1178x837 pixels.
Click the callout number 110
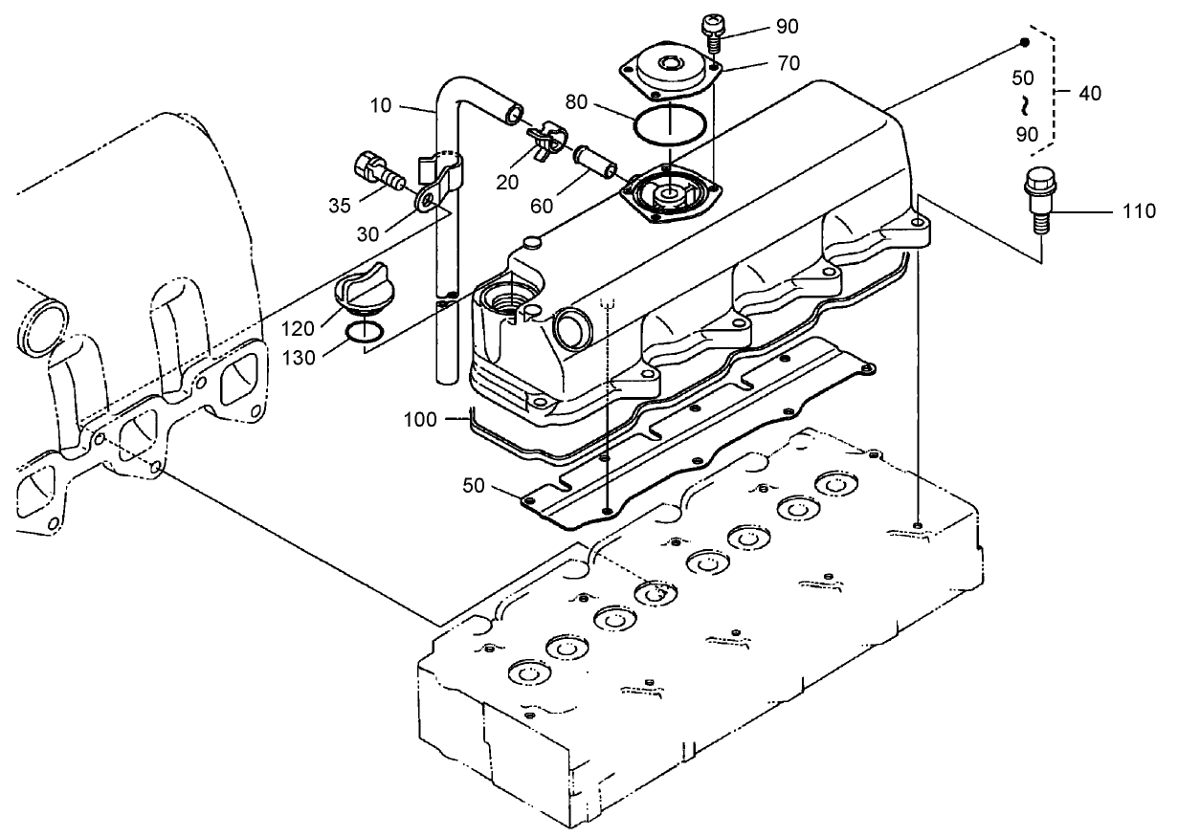1139,211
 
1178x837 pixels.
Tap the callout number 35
339,206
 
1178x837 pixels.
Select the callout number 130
299,358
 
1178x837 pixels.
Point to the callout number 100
420,420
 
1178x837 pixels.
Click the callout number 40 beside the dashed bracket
1090,93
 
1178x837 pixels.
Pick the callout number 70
789,63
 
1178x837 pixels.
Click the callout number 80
576,102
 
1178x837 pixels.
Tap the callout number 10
380,105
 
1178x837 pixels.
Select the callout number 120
298,329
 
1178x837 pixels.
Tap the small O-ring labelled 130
366,332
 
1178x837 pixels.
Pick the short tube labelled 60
595,164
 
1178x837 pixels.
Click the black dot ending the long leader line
1024,43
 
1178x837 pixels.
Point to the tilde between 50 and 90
1023,104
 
